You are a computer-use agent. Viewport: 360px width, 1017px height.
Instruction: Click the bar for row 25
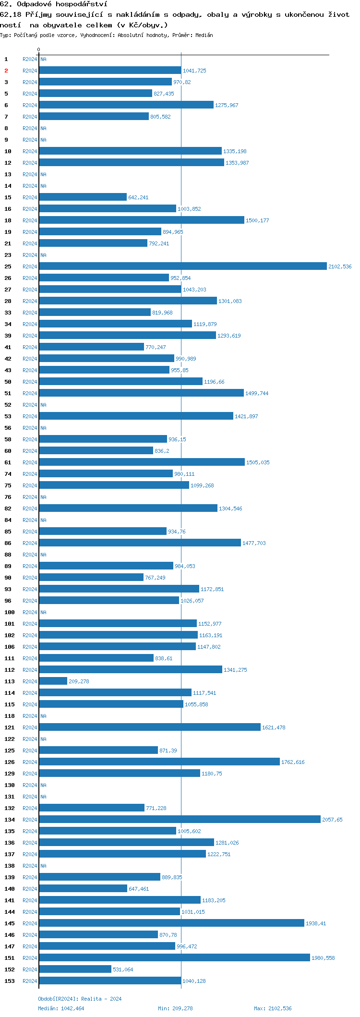point(182,266)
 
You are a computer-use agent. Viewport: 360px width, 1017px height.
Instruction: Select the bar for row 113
point(53,681)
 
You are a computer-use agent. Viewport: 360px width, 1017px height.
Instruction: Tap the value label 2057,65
point(332,820)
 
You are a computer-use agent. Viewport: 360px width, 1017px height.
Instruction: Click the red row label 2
point(6,71)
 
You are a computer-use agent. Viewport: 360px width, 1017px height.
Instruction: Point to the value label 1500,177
point(257,220)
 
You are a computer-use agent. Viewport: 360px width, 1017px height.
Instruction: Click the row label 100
point(10,612)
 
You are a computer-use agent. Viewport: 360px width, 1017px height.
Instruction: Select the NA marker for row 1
point(43,59)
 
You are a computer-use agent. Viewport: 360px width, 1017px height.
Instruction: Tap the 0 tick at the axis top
point(39,49)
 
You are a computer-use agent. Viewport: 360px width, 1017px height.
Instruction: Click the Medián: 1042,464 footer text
point(61,1008)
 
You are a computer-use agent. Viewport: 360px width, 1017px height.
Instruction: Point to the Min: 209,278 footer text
point(175,1008)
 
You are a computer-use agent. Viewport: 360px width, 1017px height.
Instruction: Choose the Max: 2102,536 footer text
point(273,1008)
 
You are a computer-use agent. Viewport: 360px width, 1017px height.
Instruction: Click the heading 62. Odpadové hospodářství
point(53,4)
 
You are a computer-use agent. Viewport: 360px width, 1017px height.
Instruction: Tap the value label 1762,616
point(293,762)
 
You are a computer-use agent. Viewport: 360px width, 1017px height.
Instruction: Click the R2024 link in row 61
point(30,462)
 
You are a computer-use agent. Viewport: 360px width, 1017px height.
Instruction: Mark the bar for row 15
point(83,197)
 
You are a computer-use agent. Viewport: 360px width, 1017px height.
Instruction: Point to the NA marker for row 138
point(43,866)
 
